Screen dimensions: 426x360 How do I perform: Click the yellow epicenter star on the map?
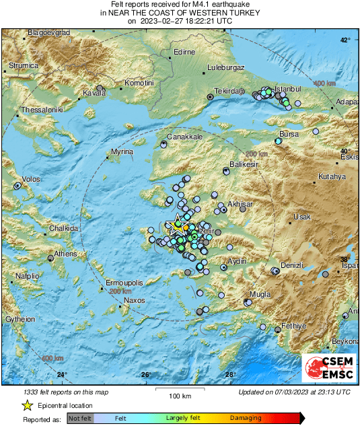point(177,225)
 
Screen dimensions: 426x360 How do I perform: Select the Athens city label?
point(65,254)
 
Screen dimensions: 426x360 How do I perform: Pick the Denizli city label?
point(293,265)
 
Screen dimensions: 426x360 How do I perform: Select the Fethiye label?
point(293,325)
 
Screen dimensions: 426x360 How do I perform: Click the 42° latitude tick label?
point(345,41)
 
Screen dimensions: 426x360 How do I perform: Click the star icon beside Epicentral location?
point(27,405)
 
